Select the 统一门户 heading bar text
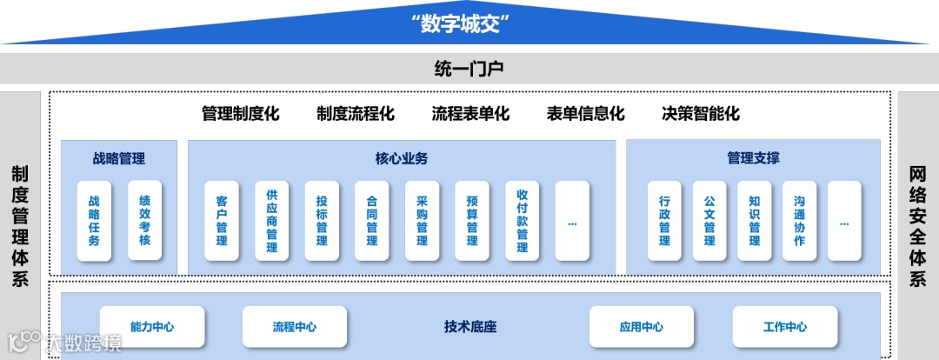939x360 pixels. [x=469, y=67]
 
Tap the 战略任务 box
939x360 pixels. [x=94, y=221]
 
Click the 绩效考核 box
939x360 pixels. [x=144, y=221]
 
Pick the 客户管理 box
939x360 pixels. [x=222, y=221]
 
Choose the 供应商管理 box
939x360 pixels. [x=272, y=221]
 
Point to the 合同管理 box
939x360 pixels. [x=372, y=221]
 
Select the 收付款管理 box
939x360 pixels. [x=523, y=221]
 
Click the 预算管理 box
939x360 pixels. [x=472, y=221]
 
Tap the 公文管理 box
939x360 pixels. [x=709, y=221]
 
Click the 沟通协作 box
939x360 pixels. [x=799, y=221]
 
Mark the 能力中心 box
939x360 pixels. [x=152, y=327]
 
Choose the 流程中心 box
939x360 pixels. [x=295, y=327]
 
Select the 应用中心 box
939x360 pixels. [x=642, y=327]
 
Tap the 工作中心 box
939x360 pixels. [x=784, y=327]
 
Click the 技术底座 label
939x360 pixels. [x=469, y=327]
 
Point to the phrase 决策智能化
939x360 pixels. [x=700, y=114]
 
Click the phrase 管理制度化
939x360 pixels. [x=240, y=114]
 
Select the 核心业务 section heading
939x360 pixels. [x=401, y=158]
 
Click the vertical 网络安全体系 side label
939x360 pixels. [x=917, y=226]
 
